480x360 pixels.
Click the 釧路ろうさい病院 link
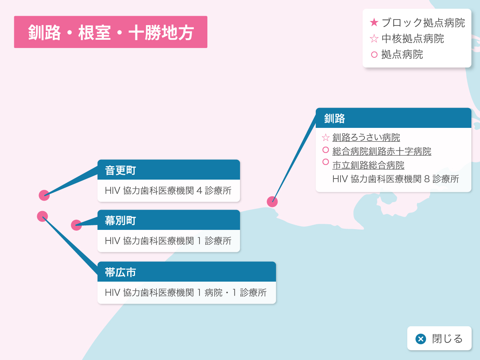366,138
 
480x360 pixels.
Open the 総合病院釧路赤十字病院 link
382,151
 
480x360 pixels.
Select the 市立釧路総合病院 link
368,165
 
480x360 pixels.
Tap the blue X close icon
421,339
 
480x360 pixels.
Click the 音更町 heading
120,170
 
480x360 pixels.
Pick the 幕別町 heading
120,220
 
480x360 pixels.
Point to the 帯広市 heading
120,272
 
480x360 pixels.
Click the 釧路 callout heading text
334,118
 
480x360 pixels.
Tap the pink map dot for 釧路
272,201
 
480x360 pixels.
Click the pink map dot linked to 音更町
44,195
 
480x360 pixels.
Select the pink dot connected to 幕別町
76,225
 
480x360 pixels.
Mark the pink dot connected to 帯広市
42,216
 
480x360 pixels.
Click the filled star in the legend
374,22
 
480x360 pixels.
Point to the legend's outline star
374,39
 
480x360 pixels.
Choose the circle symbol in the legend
374,54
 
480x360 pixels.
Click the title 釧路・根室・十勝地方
111,32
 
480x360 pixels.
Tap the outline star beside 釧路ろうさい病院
325,138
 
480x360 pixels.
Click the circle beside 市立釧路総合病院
325,162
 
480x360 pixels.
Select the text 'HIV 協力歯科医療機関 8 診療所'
396,179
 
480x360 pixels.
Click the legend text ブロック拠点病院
423,22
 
